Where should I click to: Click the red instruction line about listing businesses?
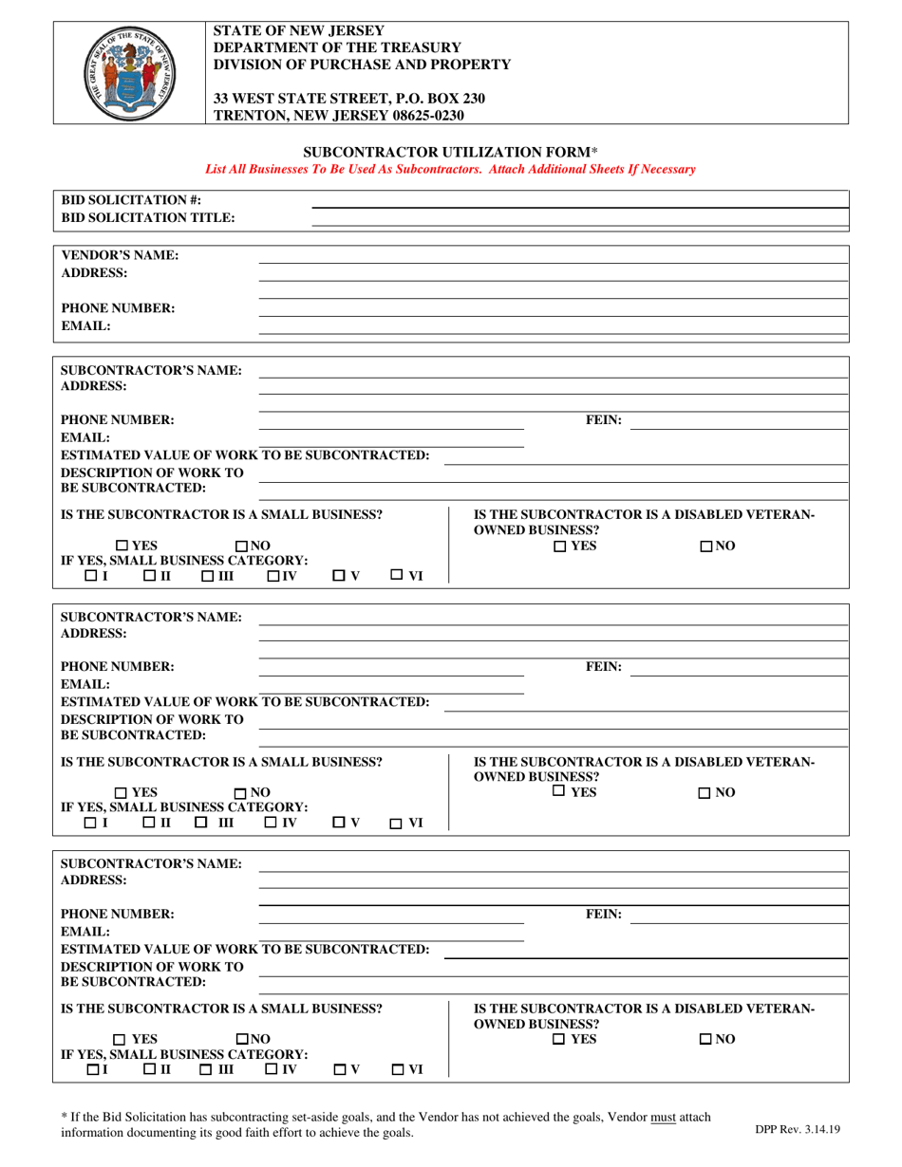coord(450,169)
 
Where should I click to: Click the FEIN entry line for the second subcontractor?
coord(739,676)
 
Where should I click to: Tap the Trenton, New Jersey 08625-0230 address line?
coord(339,116)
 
